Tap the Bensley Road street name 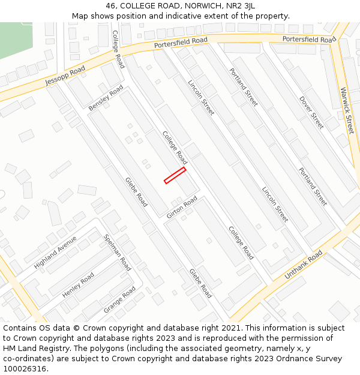(106, 97)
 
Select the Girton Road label (182, 206)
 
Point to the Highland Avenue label (56, 252)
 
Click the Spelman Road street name (118, 253)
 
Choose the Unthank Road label (304, 265)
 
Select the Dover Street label (311, 112)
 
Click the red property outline (175, 175)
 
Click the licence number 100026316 (26, 369)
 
